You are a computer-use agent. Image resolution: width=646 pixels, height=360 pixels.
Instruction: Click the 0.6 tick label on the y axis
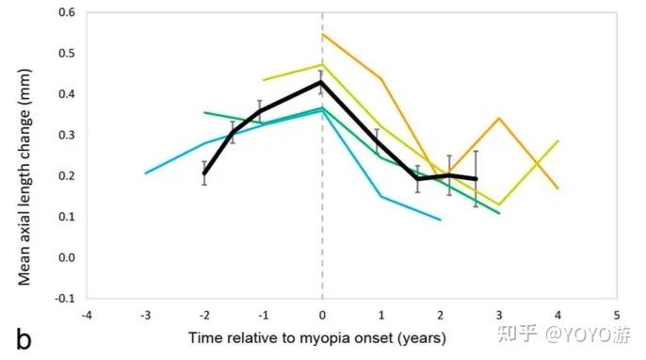tap(67, 12)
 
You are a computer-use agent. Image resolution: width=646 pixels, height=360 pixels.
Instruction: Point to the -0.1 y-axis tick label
tap(65, 298)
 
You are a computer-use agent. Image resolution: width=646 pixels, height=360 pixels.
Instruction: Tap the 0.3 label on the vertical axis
tap(67, 135)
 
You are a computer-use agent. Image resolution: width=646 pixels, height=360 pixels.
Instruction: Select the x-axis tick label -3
tap(145, 316)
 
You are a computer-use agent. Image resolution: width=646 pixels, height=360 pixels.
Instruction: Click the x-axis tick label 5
tap(617, 316)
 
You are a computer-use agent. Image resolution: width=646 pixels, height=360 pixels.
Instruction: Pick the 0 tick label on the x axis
tap(322, 316)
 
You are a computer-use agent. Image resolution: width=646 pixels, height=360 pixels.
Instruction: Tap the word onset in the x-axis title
tap(374, 338)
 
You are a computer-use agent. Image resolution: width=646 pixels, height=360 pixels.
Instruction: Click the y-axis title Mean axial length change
tap(24, 177)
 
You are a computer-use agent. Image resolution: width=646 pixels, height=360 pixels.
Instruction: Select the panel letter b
tap(24, 339)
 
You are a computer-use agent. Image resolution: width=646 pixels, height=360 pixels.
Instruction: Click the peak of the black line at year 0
tap(322, 82)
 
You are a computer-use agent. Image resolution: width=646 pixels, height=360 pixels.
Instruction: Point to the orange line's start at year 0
tap(322, 34)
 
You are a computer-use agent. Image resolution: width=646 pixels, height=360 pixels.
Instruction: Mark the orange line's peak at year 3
tap(499, 119)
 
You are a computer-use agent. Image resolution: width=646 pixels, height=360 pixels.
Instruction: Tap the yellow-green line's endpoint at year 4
tap(558, 141)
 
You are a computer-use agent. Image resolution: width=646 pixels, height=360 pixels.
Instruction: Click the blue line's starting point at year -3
tap(145, 173)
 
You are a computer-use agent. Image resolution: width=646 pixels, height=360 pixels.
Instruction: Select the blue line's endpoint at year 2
tap(441, 220)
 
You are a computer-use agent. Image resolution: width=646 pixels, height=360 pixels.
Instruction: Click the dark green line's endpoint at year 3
tap(499, 213)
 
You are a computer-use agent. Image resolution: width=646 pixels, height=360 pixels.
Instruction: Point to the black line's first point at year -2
tap(204, 173)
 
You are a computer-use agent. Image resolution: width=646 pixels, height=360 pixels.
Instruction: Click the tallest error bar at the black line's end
tap(476, 178)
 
